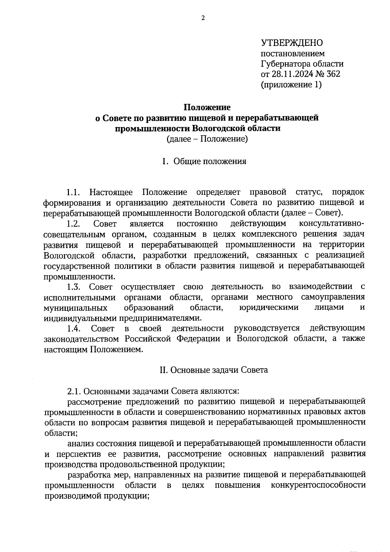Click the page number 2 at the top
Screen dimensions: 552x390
[203, 19]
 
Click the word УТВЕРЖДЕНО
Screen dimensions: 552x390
[292, 43]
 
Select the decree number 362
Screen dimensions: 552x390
[333, 74]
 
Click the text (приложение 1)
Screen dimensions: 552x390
[291, 85]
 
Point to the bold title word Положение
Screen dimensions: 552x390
[207, 107]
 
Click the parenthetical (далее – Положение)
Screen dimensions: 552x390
[207, 139]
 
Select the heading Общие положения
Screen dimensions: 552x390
[210, 161]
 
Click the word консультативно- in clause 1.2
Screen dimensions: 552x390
[331, 224]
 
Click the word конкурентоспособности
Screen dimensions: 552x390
[318, 485]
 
